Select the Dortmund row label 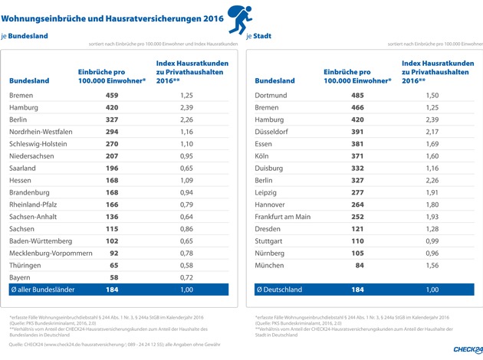pos(269,97)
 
